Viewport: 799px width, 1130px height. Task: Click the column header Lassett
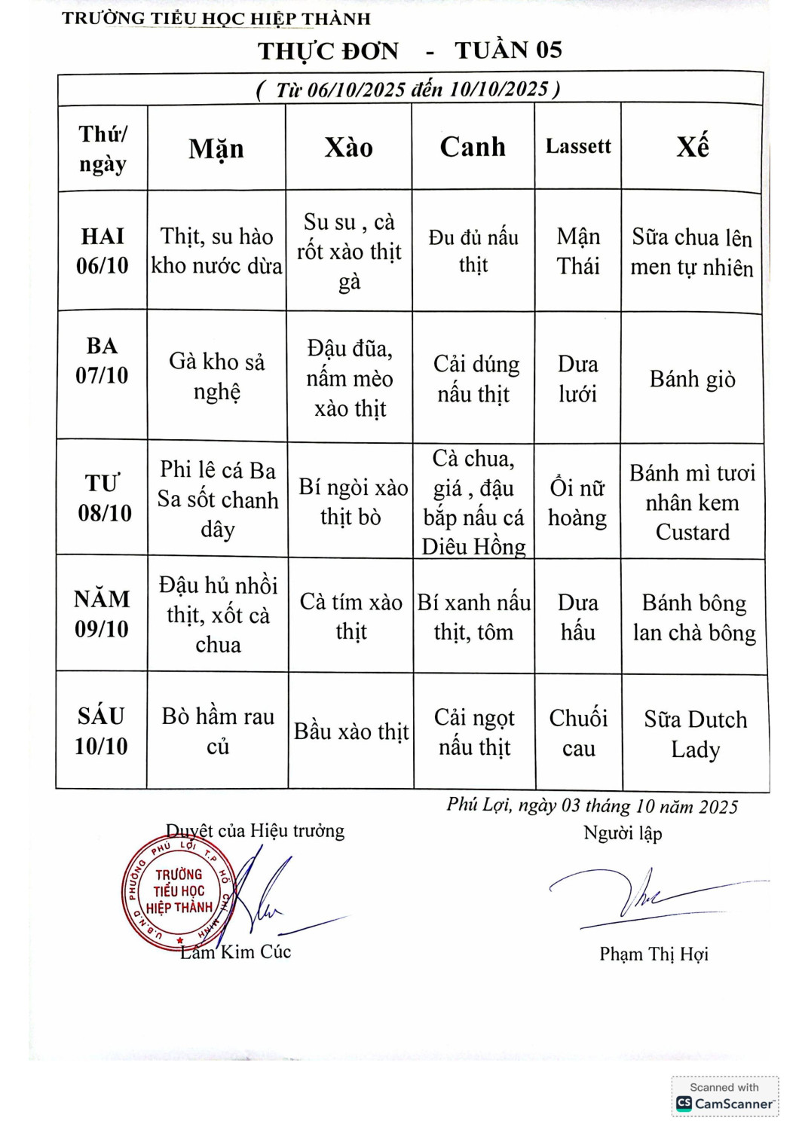[x=578, y=146]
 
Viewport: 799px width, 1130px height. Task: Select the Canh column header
[x=473, y=147]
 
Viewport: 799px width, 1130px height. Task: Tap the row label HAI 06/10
[x=103, y=251]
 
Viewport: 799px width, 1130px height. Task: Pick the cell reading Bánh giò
[x=692, y=379]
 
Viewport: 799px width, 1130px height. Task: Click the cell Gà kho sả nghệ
[x=217, y=377]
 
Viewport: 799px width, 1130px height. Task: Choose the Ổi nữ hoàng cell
[x=577, y=502]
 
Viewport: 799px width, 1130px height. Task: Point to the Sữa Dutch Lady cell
[x=695, y=734]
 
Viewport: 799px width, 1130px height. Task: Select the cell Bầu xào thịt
[x=351, y=731]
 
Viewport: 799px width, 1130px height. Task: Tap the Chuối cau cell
[x=578, y=733]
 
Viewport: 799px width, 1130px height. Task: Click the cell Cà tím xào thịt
[x=351, y=616]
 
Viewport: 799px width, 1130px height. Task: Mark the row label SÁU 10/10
[x=101, y=731]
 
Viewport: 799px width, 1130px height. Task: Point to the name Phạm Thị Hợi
[x=654, y=954]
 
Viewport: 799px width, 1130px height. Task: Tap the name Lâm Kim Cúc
[x=236, y=952]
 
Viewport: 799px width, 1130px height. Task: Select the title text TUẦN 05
[x=508, y=50]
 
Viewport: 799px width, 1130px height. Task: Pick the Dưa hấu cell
[x=578, y=617]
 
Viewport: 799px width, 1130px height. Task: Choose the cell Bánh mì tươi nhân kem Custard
[x=692, y=502]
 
